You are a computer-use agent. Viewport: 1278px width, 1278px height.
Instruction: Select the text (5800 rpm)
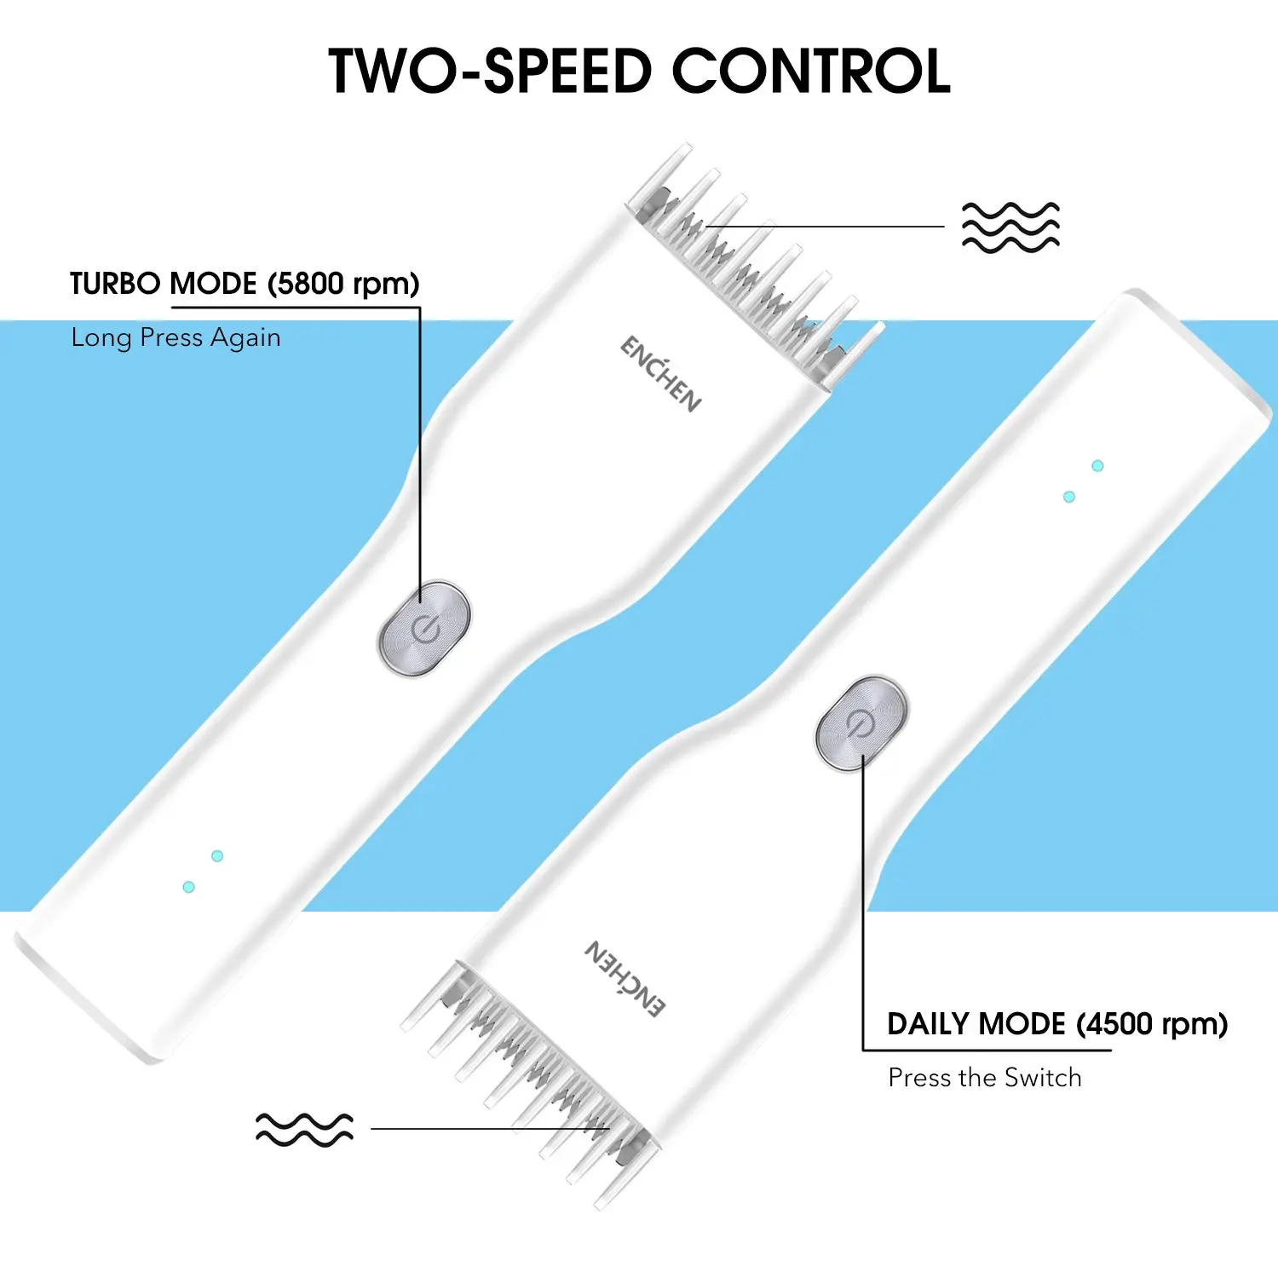[x=343, y=284]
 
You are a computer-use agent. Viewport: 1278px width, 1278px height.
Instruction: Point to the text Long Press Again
[x=176, y=337]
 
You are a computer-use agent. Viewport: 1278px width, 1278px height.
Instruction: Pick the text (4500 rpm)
[x=1152, y=1023]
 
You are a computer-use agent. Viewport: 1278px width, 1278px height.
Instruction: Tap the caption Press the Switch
[x=984, y=1078]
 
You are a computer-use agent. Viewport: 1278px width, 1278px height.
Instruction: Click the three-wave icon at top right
[x=1010, y=227]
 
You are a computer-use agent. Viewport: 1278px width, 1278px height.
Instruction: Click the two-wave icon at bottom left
[x=304, y=1129]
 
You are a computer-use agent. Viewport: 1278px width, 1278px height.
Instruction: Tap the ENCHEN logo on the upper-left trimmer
[x=661, y=374]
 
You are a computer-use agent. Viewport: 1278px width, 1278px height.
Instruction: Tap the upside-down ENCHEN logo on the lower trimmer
[x=625, y=979]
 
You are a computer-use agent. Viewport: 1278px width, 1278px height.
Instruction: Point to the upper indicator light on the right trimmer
[x=1097, y=465]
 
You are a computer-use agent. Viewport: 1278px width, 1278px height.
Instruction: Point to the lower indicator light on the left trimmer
[x=189, y=887]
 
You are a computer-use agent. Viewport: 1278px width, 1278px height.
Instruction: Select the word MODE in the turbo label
[x=213, y=284]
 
